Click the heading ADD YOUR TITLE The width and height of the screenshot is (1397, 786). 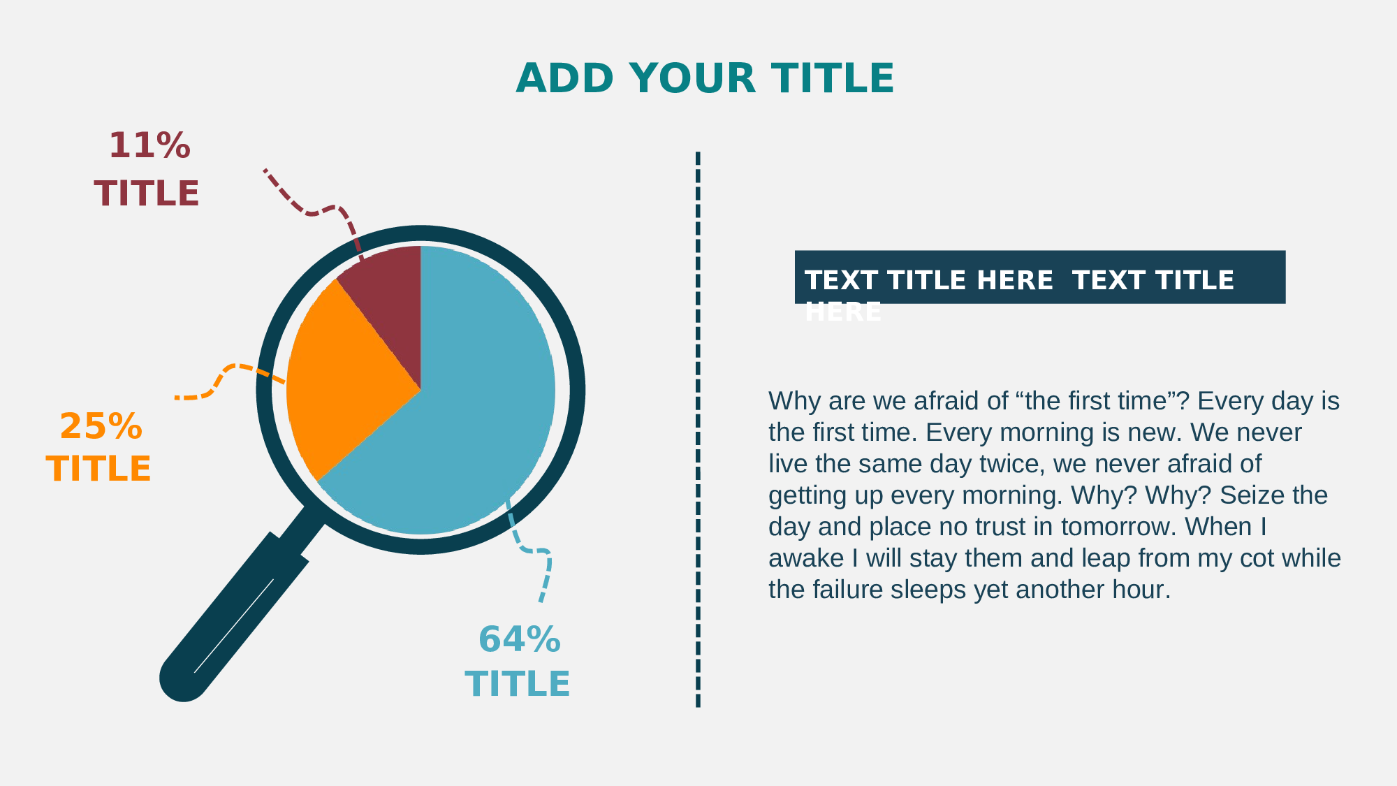pyautogui.click(x=705, y=78)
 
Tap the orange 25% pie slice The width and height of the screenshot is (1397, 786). pyautogui.click(x=342, y=377)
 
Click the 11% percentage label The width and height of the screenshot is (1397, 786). pyautogui.click(x=149, y=146)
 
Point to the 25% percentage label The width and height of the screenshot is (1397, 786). pyautogui.click(x=101, y=426)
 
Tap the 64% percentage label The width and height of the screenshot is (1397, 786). pyautogui.click(x=520, y=639)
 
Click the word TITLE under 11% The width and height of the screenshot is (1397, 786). pyautogui.click(x=147, y=194)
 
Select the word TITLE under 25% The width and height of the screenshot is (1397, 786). pyautogui.click(x=98, y=469)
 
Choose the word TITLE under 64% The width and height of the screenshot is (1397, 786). pyautogui.click(x=518, y=684)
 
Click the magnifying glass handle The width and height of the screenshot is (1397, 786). pyautogui.click(x=234, y=615)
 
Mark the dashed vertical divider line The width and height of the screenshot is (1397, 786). pyautogui.click(x=698, y=430)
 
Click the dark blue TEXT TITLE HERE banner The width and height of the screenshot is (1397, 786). pyautogui.click(x=1040, y=277)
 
